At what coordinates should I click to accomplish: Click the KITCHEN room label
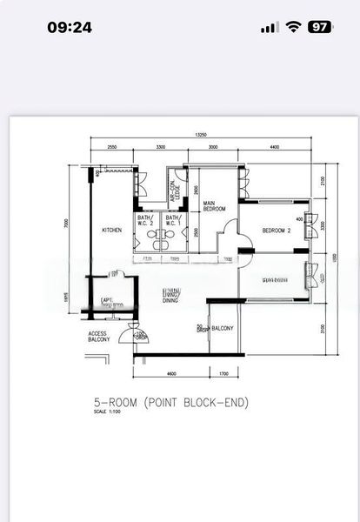point(112,231)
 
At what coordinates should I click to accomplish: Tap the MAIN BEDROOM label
point(215,207)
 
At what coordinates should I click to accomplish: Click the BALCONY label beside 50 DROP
point(223,328)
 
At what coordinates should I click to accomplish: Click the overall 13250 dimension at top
point(201,135)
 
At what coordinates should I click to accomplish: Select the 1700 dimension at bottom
point(223,373)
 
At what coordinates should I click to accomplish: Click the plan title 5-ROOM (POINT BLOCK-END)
point(171,403)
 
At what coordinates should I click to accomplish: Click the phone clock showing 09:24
point(70,27)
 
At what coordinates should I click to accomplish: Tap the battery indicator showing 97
point(320,27)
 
